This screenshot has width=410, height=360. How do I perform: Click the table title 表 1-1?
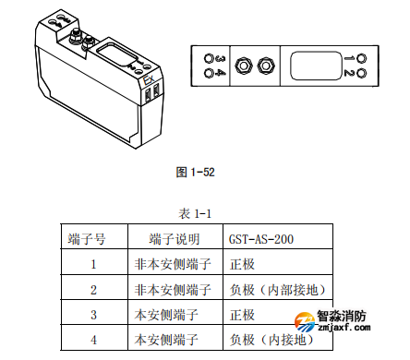click(196, 214)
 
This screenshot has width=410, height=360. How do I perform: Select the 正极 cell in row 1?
click(242, 264)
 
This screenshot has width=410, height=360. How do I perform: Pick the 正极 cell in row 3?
click(242, 315)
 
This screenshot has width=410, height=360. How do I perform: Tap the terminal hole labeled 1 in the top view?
click(362, 57)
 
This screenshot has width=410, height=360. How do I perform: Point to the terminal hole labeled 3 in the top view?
click(207, 57)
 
